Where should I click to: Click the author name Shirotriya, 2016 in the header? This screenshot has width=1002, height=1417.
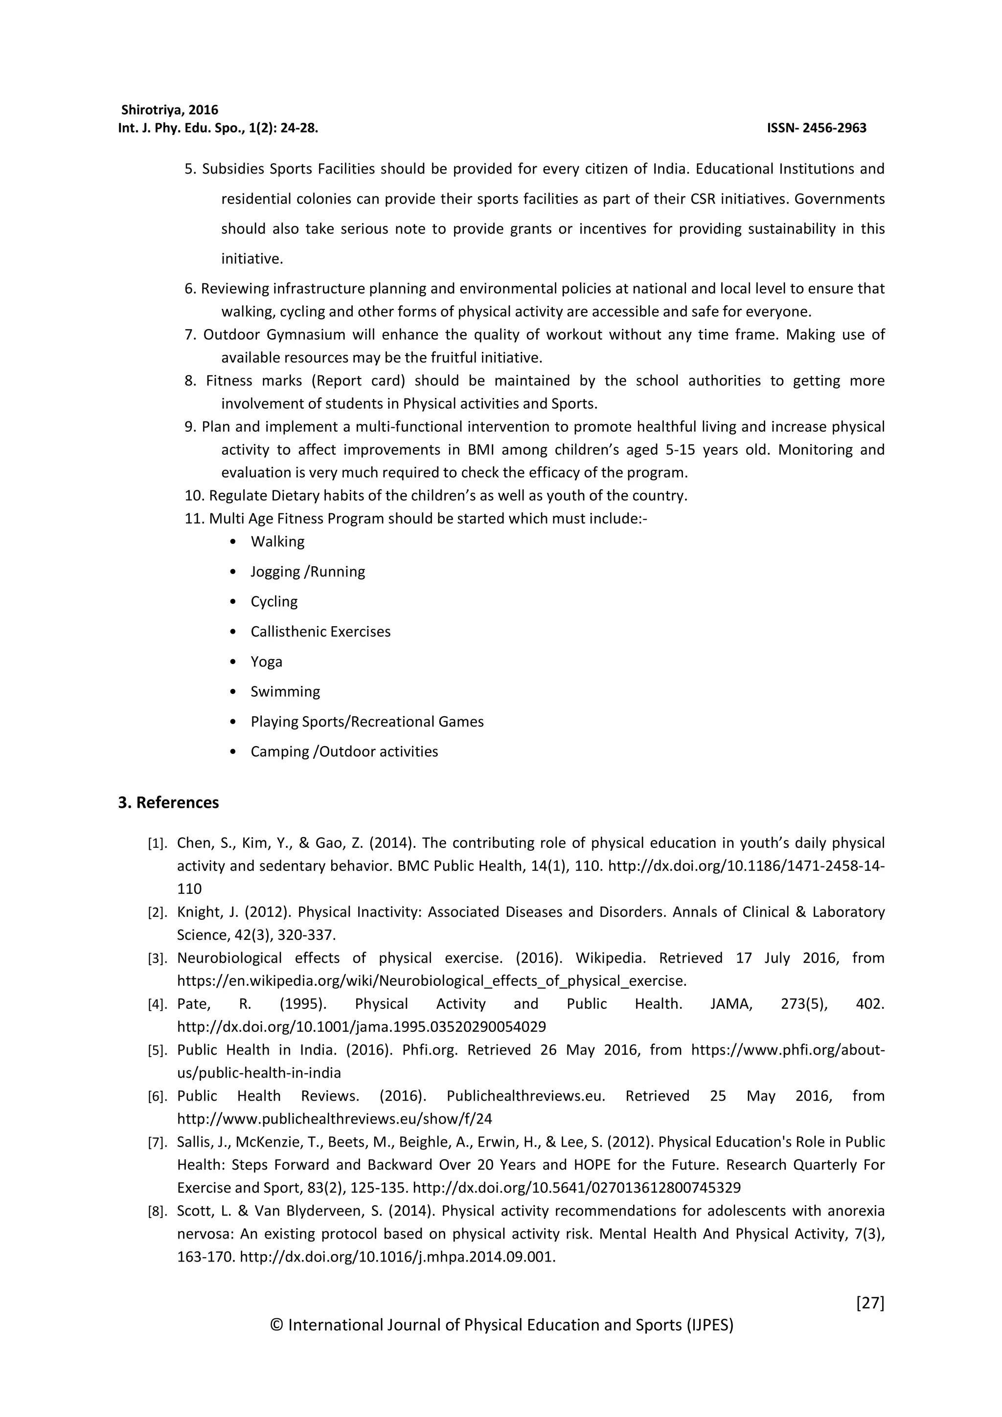coord(170,110)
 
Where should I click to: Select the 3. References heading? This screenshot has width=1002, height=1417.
coord(168,802)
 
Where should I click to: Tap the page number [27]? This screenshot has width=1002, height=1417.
coord(870,1303)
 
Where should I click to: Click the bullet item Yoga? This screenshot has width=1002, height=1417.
coord(266,662)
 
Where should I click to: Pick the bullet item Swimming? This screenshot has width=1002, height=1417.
coord(285,691)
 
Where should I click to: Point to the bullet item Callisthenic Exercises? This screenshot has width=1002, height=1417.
coord(320,631)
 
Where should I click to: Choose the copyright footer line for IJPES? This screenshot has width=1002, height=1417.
coord(501,1325)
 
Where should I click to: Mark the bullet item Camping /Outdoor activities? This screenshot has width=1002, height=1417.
coord(344,752)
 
